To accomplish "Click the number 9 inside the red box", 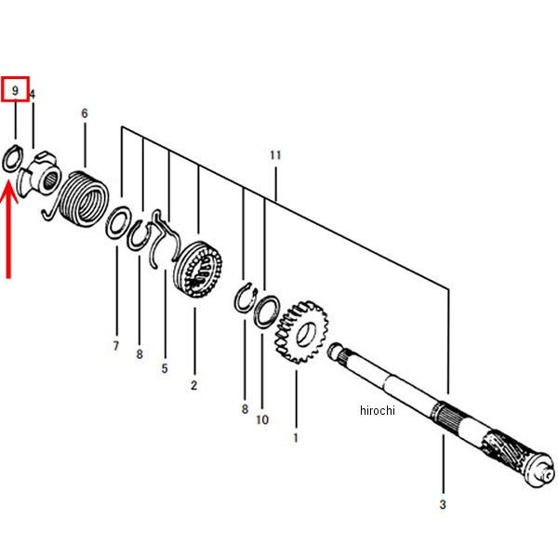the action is point(15,90).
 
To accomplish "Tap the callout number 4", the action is point(33,94).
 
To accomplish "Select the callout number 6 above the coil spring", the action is point(85,113).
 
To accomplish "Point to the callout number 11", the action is point(275,155).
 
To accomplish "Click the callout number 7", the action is point(115,346).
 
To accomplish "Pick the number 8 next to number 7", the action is point(139,354).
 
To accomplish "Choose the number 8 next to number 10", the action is point(245,409).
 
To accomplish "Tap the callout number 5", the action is point(165,368).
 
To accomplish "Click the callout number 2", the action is point(194,385).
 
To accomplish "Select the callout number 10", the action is point(262,420).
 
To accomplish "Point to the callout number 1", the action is point(296,438).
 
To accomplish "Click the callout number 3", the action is point(443,504).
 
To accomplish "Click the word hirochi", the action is point(378,410).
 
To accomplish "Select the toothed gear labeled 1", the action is point(301,332).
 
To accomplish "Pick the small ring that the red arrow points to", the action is point(13,158).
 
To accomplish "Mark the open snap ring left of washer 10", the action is point(246,298).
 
